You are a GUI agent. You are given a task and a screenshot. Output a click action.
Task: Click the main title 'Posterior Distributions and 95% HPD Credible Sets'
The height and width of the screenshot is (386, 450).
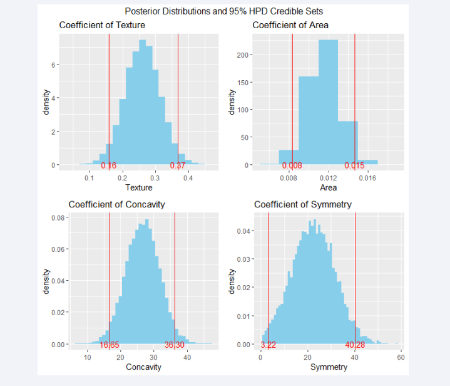224,11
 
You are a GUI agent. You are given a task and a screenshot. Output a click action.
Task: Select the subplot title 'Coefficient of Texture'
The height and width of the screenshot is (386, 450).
102,25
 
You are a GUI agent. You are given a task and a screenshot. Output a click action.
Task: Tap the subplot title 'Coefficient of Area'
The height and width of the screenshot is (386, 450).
290,25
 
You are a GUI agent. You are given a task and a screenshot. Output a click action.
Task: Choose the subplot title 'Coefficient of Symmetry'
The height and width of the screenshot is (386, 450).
302,204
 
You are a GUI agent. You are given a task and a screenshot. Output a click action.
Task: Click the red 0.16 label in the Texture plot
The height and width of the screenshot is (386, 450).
109,165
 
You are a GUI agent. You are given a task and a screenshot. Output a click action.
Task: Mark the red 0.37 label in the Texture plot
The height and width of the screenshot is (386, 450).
178,165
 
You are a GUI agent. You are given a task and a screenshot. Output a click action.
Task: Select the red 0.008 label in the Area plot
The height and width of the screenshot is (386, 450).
292,165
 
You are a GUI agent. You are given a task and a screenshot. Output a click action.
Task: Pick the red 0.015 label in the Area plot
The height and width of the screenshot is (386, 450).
354,165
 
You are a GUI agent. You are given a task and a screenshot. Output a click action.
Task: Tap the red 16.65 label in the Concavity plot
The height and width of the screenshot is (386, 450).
110,345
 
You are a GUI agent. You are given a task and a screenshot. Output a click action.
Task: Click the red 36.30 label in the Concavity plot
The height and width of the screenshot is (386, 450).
175,345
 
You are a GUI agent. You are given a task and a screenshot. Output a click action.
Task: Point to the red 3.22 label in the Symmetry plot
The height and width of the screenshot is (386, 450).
268,345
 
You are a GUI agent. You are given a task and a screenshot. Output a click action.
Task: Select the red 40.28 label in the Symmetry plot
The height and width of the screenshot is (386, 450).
355,345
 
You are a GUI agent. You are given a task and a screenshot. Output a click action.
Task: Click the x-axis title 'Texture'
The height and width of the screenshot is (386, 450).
139,188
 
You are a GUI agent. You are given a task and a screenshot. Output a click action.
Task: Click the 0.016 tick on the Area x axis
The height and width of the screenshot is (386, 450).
367,178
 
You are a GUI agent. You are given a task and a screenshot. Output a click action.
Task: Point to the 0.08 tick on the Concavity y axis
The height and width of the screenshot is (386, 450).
58,218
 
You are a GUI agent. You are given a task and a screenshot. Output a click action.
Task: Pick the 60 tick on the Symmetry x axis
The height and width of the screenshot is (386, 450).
401,357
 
